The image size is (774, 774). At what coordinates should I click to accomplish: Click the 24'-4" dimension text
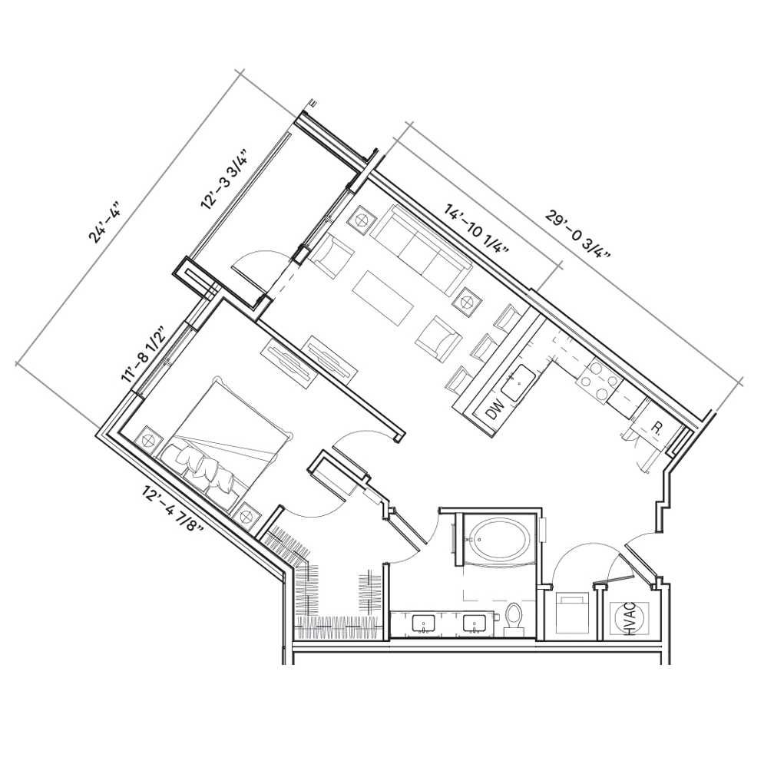pyautogui.click(x=105, y=222)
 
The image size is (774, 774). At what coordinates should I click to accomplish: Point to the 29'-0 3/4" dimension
pyautogui.click(x=577, y=235)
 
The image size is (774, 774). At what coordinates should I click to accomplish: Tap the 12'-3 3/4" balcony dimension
pyautogui.click(x=224, y=177)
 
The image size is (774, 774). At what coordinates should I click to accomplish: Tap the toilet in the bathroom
pyautogui.click(x=514, y=619)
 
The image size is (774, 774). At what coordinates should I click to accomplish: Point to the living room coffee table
pyautogui.click(x=383, y=298)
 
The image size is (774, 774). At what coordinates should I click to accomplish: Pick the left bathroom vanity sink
pyautogui.click(x=424, y=623)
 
